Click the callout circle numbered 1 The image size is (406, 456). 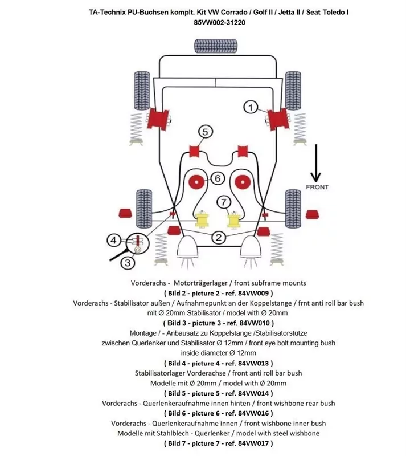click(x=252, y=106)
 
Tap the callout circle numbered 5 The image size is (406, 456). click(x=206, y=132)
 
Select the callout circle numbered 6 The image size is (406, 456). click(x=217, y=178)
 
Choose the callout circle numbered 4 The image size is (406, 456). click(x=114, y=240)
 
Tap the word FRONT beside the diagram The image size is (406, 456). click(x=317, y=187)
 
